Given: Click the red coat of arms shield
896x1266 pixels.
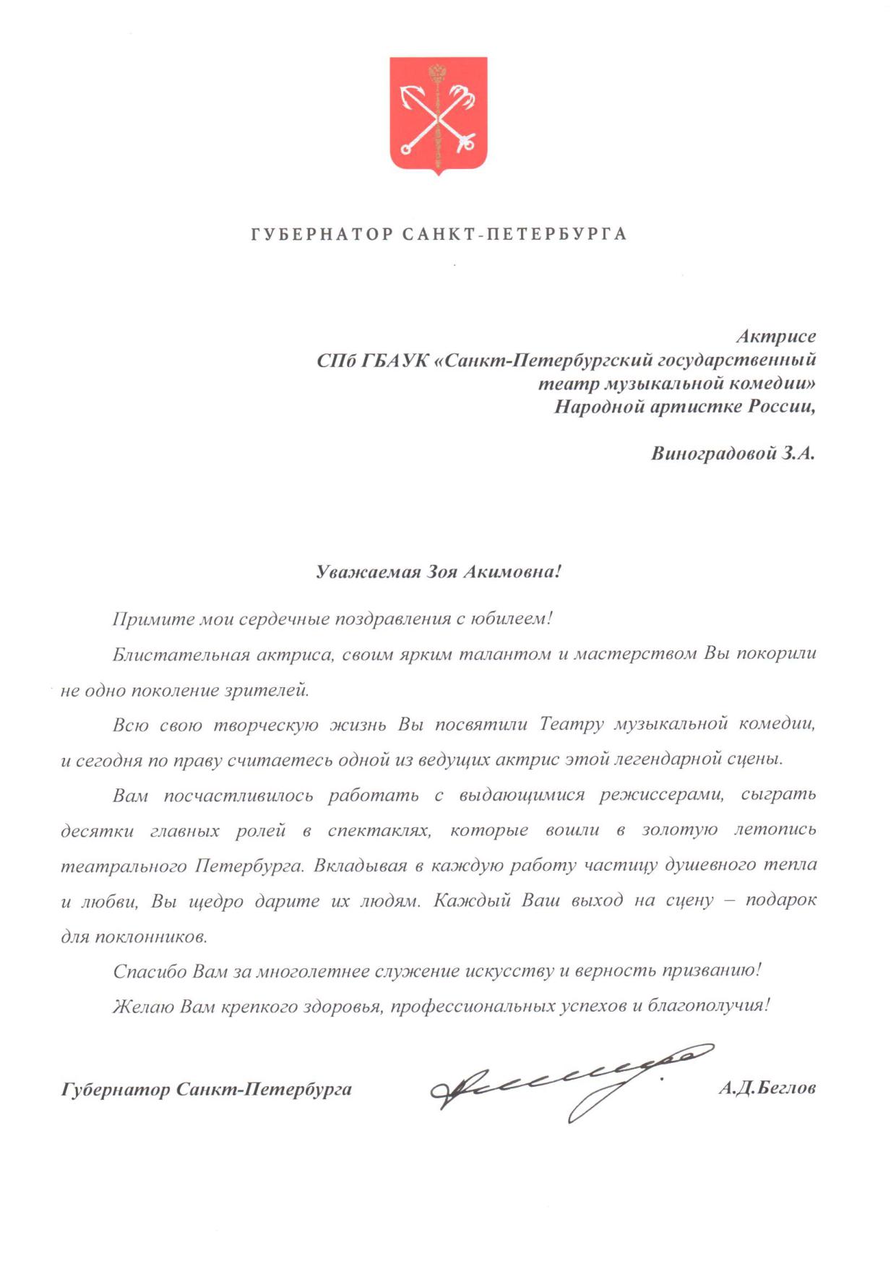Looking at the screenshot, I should tap(439, 114).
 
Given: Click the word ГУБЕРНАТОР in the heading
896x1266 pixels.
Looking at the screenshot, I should tap(322, 234).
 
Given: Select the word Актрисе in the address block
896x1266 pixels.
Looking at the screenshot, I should tap(776, 336).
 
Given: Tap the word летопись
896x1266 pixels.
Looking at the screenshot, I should tap(775, 830).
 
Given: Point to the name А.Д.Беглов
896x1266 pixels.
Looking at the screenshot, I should tap(767, 1088).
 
